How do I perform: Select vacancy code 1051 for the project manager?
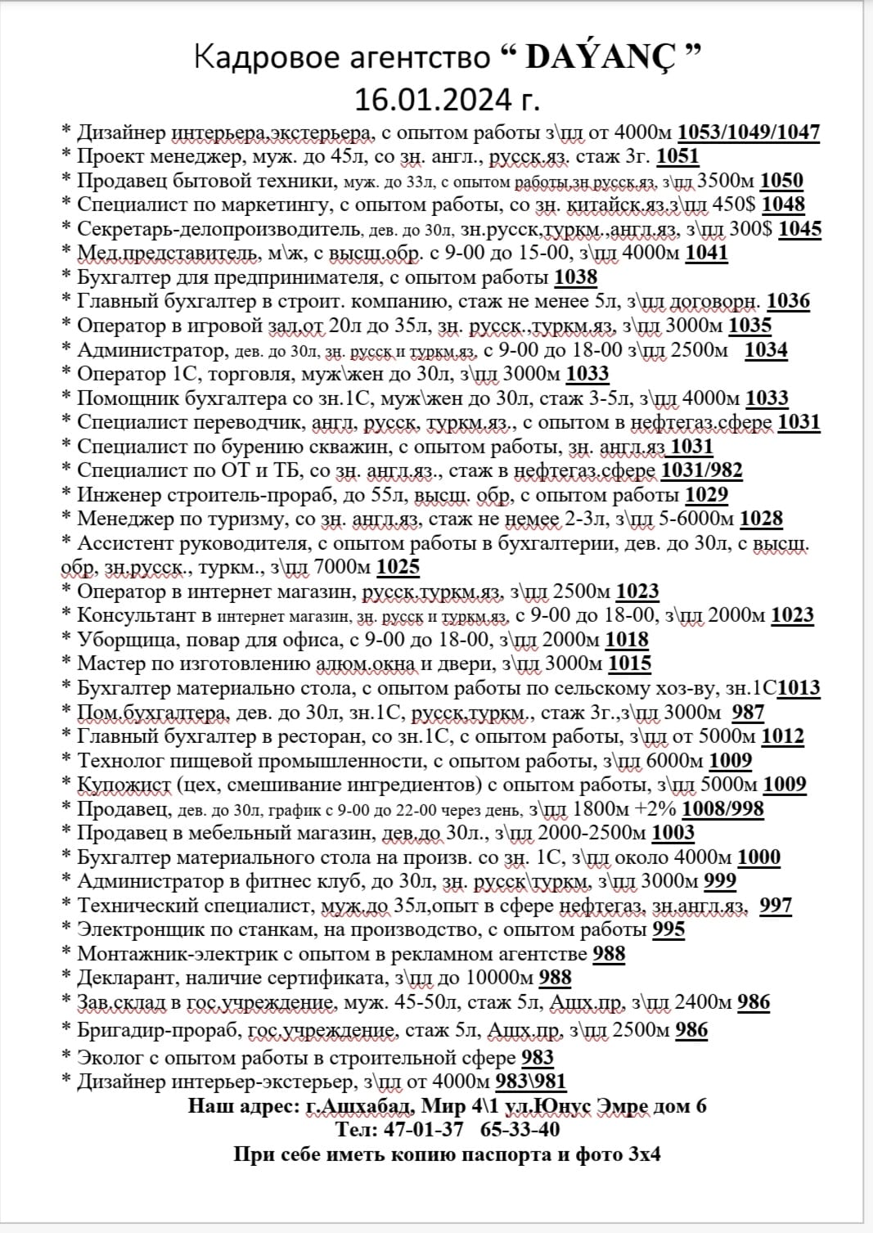[x=677, y=156]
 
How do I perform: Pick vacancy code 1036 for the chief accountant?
[x=788, y=301]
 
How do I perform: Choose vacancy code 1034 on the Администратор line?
[x=766, y=350]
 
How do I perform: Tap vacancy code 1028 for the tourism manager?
[x=761, y=519]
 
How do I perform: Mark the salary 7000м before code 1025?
[x=341, y=567]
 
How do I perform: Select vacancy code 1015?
[x=630, y=664]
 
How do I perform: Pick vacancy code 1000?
[x=758, y=857]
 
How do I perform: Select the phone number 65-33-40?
[x=520, y=1130]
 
